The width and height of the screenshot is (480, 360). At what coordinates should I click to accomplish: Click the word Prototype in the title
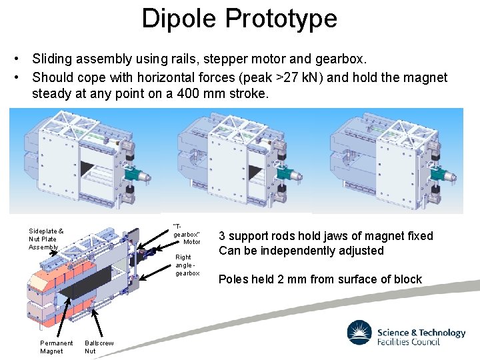point(281,19)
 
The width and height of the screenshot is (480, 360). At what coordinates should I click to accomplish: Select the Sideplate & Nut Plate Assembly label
point(46,239)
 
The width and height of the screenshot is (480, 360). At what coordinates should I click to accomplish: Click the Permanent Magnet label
point(56,347)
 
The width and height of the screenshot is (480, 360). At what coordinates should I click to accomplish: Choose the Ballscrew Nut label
point(99,347)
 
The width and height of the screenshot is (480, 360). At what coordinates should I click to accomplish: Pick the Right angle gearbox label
point(184,265)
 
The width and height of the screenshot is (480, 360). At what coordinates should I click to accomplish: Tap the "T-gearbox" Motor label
point(186,234)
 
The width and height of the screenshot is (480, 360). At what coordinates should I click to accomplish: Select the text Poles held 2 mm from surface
point(320,279)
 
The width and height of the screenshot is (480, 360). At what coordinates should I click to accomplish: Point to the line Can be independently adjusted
point(301,251)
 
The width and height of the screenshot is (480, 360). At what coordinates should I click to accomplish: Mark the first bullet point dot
point(21,61)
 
